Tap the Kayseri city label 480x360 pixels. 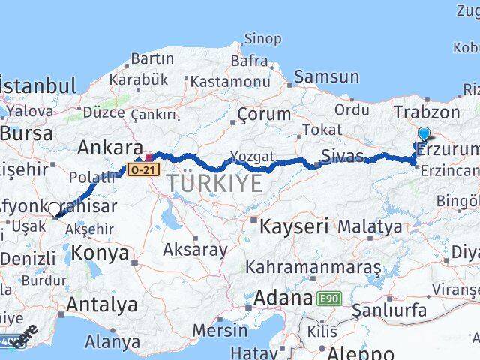293,224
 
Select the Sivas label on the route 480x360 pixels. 342,157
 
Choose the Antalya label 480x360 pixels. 102,304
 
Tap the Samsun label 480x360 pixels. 326,76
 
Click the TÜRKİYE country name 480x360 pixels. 214,183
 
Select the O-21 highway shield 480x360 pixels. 143,169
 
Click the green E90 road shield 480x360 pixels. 328,298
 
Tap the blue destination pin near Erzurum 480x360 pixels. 424,135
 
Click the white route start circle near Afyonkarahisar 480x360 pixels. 54,211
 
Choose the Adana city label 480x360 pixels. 283,298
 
